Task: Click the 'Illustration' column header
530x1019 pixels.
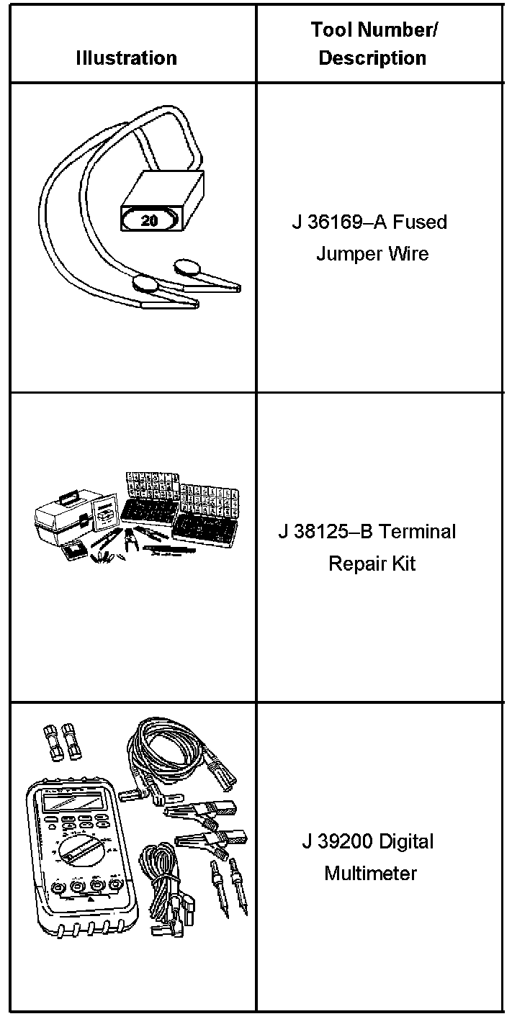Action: [x=127, y=58]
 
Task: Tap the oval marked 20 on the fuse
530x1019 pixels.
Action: [x=150, y=221]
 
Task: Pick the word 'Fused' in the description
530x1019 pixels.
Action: [x=420, y=222]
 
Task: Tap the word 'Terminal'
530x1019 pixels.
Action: [x=418, y=532]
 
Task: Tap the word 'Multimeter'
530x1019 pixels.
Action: [x=370, y=874]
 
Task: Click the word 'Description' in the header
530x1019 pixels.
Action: [x=372, y=58]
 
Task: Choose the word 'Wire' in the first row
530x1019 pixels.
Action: [x=409, y=254]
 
